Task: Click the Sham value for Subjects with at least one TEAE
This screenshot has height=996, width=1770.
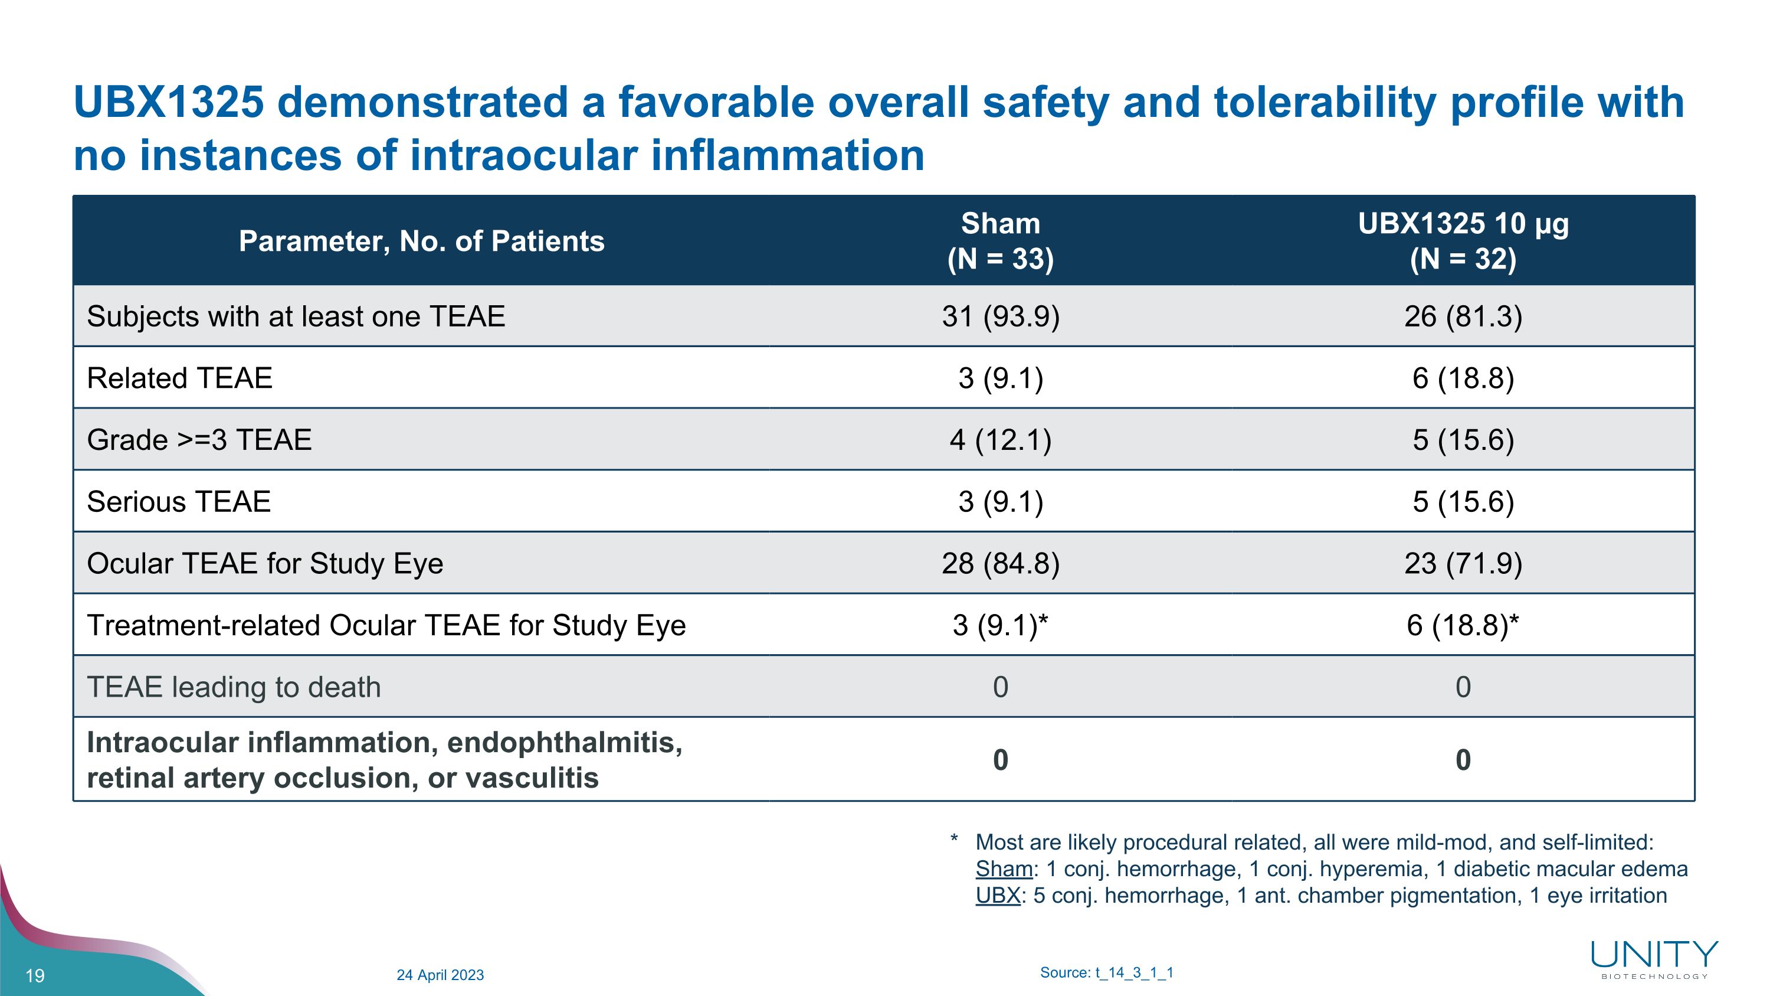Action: (x=1001, y=317)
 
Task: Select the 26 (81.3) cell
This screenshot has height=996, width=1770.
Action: (x=1463, y=317)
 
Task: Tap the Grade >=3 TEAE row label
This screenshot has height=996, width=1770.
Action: (x=199, y=440)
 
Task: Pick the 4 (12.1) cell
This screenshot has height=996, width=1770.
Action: (x=1001, y=440)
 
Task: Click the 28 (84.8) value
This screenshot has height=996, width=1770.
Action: (x=1001, y=564)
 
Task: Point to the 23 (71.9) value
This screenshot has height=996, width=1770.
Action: (x=1463, y=564)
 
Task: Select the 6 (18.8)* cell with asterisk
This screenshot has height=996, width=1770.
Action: (x=1463, y=625)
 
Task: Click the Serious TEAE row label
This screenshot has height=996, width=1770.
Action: (x=179, y=502)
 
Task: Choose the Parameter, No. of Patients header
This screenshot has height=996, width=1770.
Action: (x=421, y=241)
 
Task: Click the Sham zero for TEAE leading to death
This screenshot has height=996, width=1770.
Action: (x=1001, y=687)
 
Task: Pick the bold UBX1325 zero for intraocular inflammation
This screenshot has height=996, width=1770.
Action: (x=1463, y=760)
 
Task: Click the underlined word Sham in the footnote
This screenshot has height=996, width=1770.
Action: (x=1004, y=870)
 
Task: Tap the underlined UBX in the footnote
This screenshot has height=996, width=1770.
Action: (x=998, y=896)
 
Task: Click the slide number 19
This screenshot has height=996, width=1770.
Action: (x=35, y=975)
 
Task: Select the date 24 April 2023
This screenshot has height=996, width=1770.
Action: (x=440, y=975)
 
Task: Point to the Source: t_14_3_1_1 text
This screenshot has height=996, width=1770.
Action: (x=1106, y=972)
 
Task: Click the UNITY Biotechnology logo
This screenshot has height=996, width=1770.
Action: (x=1654, y=959)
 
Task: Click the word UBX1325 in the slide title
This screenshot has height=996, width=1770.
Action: (x=168, y=102)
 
